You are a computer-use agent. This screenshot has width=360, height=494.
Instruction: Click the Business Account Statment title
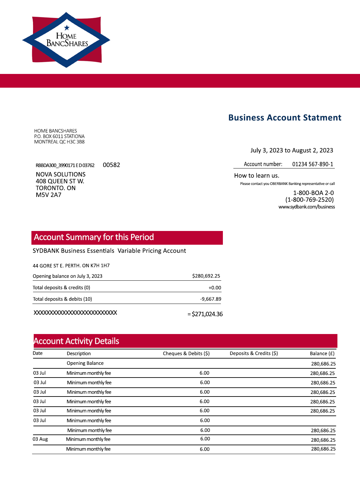tap(285, 118)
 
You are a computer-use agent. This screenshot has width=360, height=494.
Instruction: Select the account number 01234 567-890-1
tap(313, 164)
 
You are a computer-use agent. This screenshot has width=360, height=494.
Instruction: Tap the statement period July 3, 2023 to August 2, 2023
tap(292, 150)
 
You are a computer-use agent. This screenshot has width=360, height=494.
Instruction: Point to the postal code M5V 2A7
tap(48, 195)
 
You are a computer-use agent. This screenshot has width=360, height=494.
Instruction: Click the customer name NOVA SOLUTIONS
tap(61, 174)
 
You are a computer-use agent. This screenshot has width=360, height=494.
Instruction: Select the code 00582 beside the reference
tap(111, 165)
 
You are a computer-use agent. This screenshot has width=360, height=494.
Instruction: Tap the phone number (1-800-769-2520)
tap(309, 200)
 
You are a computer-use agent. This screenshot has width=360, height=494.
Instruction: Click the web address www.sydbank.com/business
tap(307, 207)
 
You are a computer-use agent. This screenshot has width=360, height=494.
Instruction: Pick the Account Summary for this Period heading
tap(94, 237)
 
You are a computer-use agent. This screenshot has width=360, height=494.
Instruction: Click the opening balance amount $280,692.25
tap(206, 276)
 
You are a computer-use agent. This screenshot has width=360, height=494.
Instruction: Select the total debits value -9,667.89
tap(210, 299)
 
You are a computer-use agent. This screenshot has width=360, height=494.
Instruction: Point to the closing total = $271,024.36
tap(205, 314)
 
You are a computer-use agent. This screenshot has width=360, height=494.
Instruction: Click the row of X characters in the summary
tap(75, 313)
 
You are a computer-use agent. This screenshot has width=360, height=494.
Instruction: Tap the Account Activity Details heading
tap(76, 341)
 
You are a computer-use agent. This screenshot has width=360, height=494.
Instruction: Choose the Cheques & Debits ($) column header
tap(186, 353)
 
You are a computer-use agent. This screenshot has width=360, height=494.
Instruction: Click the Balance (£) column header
tap(322, 353)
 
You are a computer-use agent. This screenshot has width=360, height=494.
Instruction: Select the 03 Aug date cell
tap(40, 439)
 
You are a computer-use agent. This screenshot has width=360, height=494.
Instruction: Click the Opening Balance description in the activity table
tap(85, 363)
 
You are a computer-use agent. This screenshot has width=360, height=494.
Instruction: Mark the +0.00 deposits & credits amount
tap(215, 288)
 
